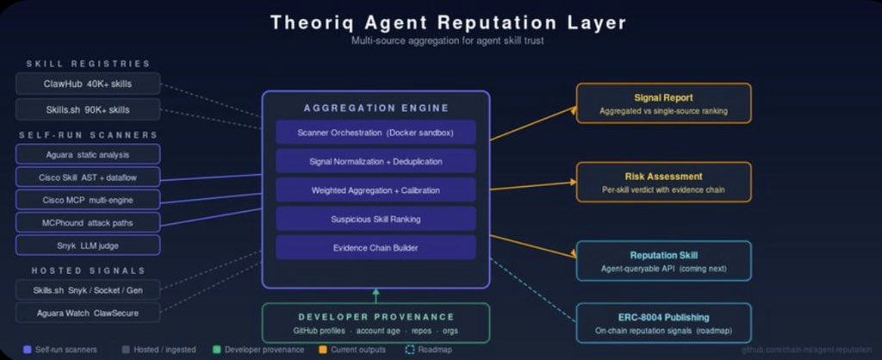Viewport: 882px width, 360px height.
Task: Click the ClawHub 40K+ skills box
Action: coord(88,84)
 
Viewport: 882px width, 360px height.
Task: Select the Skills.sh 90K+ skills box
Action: coord(88,109)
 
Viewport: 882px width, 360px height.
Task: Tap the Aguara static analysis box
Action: coord(88,153)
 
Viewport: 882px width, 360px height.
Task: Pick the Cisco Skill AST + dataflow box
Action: coord(88,177)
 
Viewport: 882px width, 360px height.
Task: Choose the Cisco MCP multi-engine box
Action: coord(88,200)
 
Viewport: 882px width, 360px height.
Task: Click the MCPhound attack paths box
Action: coord(88,222)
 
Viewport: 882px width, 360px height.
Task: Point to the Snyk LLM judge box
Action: coord(88,245)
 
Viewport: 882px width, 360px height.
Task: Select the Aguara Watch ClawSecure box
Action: coord(88,312)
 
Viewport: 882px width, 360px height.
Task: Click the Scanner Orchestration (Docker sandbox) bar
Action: coord(376,132)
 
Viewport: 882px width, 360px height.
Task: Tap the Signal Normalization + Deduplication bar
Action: coord(376,161)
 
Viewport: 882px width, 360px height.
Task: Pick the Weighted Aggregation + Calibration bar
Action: coord(376,189)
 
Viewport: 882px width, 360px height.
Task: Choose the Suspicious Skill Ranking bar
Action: coord(376,219)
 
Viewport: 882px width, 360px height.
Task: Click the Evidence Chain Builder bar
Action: coord(376,247)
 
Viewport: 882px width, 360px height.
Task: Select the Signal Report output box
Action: coord(663,103)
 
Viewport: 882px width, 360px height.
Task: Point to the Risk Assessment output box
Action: coord(663,182)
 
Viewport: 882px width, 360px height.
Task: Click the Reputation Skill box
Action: coord(663,261)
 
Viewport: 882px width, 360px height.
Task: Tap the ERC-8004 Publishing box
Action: coord(663,323)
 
